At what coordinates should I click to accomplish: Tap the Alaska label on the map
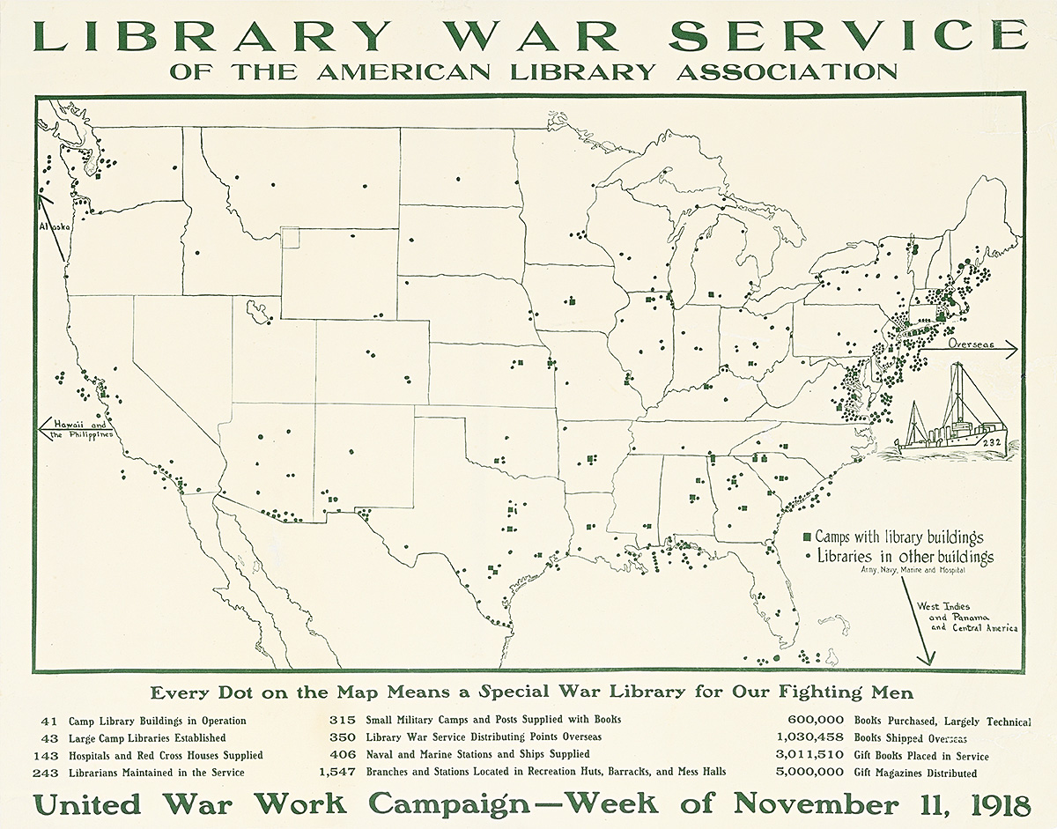(x=54, y=226)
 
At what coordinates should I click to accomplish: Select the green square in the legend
(x=807, y=537)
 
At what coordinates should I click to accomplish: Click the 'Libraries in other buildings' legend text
(x=905, y=556)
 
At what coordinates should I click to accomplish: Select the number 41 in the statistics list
(x=48, y=721)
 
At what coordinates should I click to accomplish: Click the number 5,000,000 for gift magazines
(x=810, y=773)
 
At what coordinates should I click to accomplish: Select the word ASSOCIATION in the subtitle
(x=787, y=71)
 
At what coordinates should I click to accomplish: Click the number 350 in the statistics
(x=343, y=737)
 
